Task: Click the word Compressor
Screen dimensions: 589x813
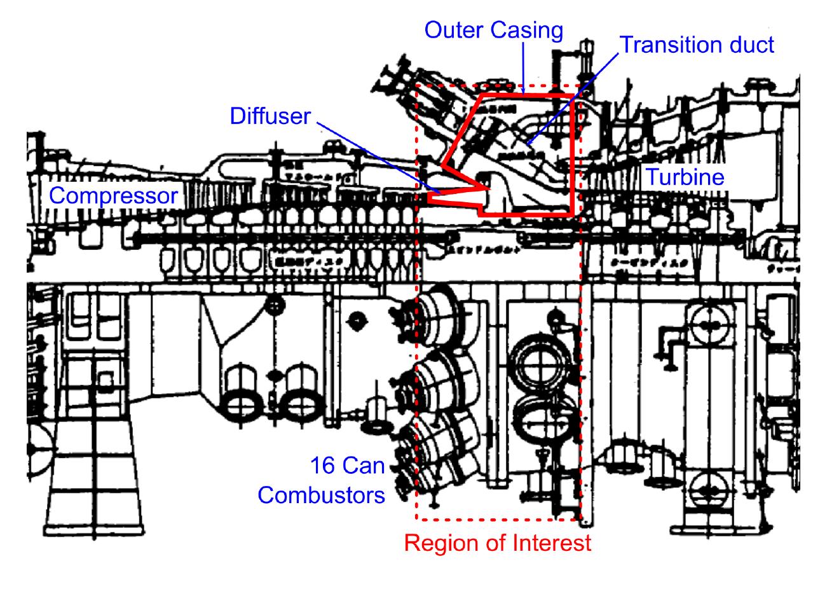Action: (x=114, y=197)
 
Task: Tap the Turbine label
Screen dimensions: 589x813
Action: (x=685, y=177)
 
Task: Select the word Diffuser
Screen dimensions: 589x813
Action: (x=270, y=116)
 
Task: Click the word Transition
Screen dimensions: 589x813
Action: (x=671, y=45)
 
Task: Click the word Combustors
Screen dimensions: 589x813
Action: (x=322, y=494)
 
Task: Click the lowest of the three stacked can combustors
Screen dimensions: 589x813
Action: (x=442, y=445)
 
